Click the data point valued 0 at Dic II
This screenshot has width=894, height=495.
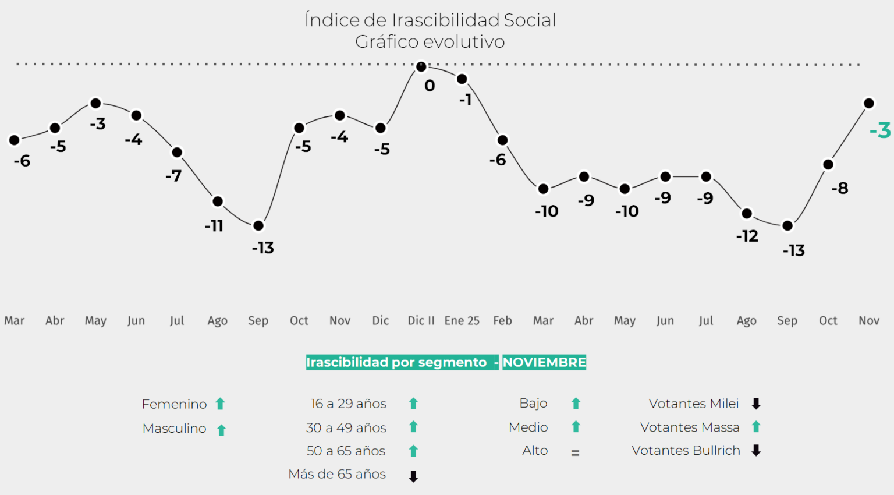click(421, 67)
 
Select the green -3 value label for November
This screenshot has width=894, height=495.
click(880, 130)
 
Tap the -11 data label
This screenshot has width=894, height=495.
click(214, 226)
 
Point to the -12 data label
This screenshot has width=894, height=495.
click(747, 236)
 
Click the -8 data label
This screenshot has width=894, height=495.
click(840, 188)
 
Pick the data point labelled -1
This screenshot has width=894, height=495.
click(462, 79)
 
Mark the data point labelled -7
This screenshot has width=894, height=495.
click(177, 152)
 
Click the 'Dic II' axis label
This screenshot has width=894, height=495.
click(421, 321)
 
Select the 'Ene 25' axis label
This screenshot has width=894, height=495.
click(462, 321)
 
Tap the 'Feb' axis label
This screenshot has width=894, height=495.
click(502, 321)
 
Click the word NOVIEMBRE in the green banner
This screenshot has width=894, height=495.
click(544, 362)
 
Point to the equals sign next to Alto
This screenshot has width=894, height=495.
click(575, 452)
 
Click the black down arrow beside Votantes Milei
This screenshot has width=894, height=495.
click(756, 404)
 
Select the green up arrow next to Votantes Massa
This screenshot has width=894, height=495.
click(756, 427)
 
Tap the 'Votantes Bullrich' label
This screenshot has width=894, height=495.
click(686, 451)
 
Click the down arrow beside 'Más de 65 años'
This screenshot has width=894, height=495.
click(413, 477)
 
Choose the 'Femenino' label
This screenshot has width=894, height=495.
click(175, 404)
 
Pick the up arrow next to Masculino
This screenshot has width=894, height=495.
click(221, 430)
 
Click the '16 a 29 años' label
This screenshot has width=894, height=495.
click(349, 404)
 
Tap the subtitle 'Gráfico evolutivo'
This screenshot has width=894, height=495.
click(430, 42)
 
